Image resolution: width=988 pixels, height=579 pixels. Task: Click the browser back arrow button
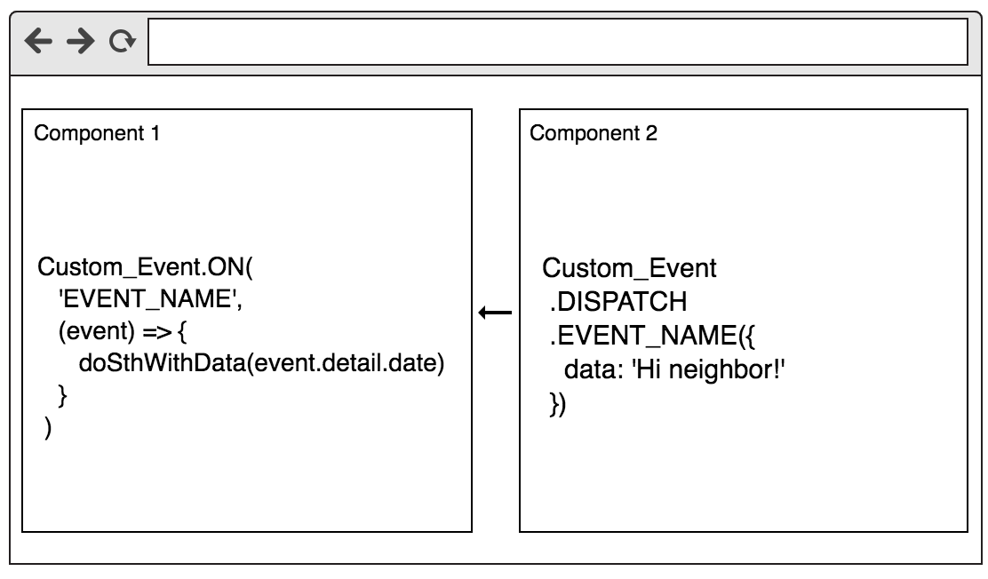(38, 42)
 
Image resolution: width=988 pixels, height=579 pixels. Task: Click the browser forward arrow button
(81, 42)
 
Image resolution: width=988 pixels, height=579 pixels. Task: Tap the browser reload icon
(123, 42)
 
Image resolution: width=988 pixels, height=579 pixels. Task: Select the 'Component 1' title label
(98, 134)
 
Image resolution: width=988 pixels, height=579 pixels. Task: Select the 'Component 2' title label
(594, 134)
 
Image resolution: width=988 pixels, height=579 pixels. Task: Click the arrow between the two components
(495, 313)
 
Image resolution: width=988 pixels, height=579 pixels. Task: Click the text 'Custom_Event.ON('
(146, 268)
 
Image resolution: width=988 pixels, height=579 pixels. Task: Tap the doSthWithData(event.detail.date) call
(261, 364)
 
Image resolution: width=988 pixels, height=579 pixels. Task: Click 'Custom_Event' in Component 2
(629, 268)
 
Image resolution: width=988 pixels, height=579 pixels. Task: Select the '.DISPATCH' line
(618, 302)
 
